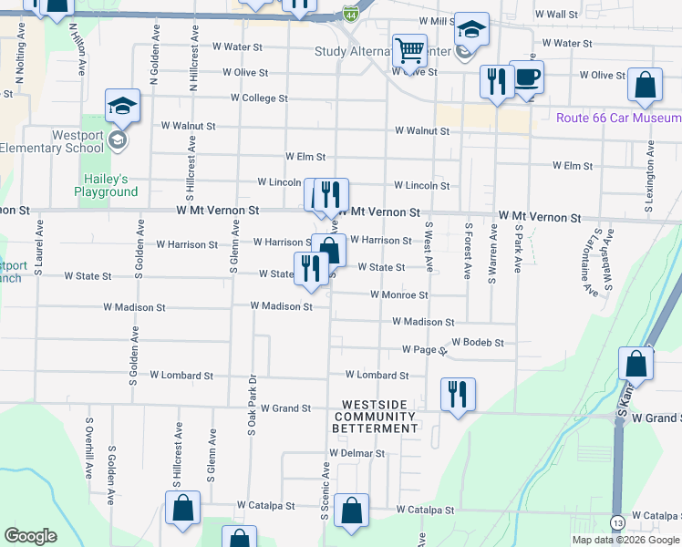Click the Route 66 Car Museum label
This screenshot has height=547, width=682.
tap(619, 118)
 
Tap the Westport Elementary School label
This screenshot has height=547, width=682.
tap(52, 140)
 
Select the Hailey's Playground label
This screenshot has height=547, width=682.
tap(106, 185)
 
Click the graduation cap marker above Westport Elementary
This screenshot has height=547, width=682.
tap(122, 106)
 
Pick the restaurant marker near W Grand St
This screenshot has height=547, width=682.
tap(458, 394)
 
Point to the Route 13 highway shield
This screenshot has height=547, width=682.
tap(618, 522)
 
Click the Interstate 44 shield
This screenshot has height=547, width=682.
tap(351, 14)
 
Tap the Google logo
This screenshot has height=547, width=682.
tap(31, 536)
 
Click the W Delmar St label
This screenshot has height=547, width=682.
tap(357, 453)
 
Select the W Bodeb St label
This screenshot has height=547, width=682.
tap(477, 343)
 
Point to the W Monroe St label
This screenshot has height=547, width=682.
tap(398, 295)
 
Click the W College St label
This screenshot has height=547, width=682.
tap(259, 98)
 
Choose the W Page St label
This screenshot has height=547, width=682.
tap(423, 349)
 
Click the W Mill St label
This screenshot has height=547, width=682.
tap(437, 21)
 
